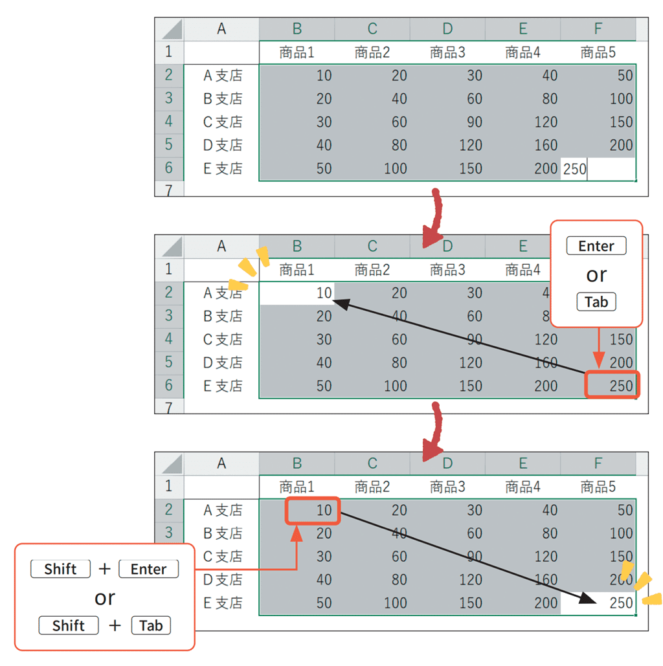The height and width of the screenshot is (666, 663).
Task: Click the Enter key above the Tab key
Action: click(x=596, y=246)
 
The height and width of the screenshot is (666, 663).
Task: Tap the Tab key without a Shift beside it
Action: click(x=596, y=302)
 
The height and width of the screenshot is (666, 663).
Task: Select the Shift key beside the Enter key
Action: click(x=60, y=569)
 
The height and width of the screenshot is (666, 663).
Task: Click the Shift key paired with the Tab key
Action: click(x=69, y=626)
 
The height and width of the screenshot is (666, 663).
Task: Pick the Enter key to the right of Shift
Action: click(x=148, y=569)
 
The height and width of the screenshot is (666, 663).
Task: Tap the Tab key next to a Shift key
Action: click(x=151, y=626)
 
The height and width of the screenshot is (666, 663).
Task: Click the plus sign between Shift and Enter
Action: click(x=104, y=569)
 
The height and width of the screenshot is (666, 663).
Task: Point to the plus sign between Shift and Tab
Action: click(x=115, y=625)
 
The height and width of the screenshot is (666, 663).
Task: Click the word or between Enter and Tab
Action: click(x=596, y=275)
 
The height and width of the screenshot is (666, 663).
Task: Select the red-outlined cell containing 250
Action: click(x=612, y=385)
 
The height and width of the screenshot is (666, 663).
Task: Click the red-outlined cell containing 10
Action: click(x=313, y=511)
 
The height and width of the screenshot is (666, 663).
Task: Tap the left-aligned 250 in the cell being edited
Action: click(x=574, y=169)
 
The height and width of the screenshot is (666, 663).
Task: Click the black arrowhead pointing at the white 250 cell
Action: click(x=588, y=597)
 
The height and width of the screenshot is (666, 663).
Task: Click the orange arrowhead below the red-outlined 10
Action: click(x=297, y=533)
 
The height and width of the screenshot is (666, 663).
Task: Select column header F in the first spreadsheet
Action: click(x=598, y=29)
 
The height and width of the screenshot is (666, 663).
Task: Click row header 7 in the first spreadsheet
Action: click(x=169, y=190)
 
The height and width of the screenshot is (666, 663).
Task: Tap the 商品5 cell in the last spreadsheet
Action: click(x=598, y=487)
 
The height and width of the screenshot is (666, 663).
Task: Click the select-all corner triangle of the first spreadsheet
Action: click(x=173, y=29)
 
